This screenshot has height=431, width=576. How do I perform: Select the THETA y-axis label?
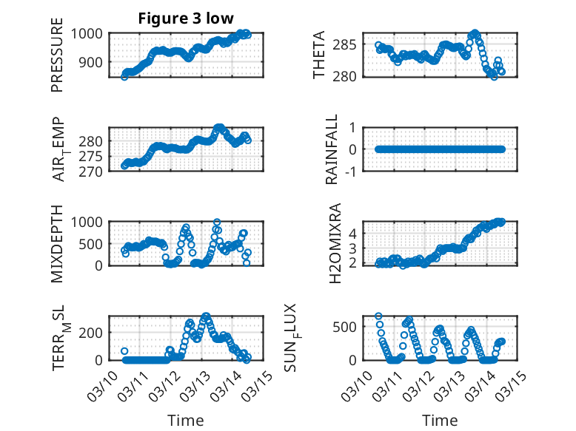[319, 55]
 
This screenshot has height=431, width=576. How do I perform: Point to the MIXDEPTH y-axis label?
[57, 243]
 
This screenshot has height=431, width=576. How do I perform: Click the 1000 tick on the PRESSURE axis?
[90, 33]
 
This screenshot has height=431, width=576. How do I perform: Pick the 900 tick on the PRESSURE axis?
[94, 62]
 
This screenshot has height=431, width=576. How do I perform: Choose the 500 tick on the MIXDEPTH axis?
[94, 243]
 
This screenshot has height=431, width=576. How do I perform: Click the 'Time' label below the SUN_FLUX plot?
[440, 420]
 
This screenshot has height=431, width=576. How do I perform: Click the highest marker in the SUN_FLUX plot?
[378, 316]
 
